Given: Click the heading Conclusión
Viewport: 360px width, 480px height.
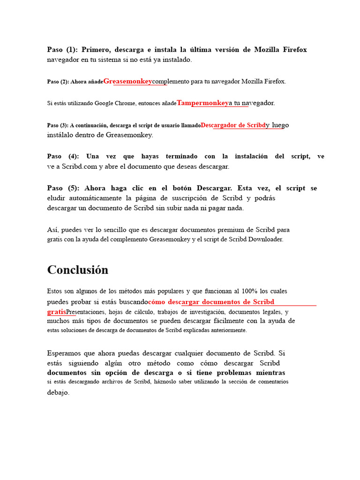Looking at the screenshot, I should point(78,270).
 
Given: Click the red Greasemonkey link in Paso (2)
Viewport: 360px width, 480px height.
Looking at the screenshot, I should point(127,81).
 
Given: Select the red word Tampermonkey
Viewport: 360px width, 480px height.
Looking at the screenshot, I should point(202,103).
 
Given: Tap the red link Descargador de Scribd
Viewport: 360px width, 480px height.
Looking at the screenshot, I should point(233,125).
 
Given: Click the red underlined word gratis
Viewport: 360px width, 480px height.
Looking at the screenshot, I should point(56,312).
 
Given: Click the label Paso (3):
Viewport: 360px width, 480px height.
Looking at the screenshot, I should point(58,125).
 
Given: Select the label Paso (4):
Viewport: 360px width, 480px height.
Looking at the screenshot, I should point(63,157).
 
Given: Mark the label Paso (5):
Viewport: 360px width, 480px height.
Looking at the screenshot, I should point(63,188).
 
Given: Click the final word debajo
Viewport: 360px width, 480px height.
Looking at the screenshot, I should point(58,393).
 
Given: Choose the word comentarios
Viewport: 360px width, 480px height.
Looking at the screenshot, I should point(270,382).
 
